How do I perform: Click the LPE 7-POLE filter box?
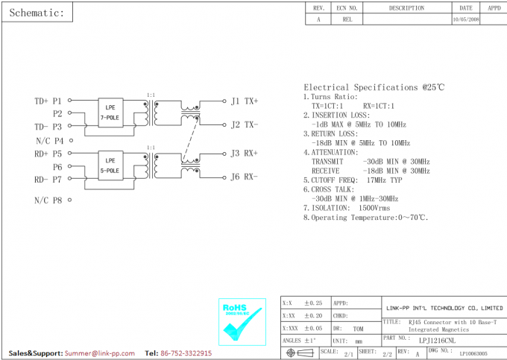(110, 113)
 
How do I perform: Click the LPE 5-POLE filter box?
(110, 165)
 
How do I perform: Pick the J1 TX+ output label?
(245, 101)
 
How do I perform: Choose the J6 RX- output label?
(245, 177)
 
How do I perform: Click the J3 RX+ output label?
(245, 154)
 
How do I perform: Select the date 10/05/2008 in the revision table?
(466, 20)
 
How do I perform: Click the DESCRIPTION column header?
(406, 8)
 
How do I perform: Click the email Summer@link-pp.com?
(99, 353)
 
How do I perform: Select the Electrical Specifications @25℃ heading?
(374, 87)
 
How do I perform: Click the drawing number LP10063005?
(473, 353)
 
